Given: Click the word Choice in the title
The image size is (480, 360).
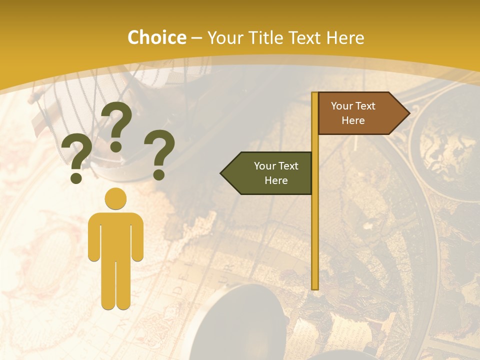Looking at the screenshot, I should pos(156,38).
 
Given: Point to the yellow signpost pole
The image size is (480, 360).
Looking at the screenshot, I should pos(314,225).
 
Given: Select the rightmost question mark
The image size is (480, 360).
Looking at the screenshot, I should pos(159,150).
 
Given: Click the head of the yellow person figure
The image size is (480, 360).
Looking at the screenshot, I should pos(115,198).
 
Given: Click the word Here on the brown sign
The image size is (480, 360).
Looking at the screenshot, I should pos(353,120).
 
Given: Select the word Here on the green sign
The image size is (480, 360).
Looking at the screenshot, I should pos(276,180).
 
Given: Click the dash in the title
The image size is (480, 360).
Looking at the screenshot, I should pos(196,38).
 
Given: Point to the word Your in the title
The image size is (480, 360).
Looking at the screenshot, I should pos(224,38).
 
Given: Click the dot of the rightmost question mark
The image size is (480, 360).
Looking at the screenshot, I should pos(159,174).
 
